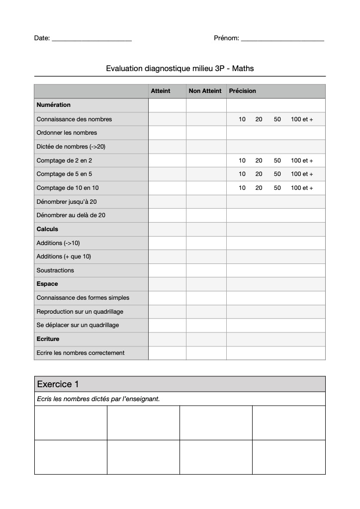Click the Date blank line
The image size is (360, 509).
91,39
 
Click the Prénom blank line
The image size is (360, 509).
282,39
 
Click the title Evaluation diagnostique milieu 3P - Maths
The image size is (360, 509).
180,69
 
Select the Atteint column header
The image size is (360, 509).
160,91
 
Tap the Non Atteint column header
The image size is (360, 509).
205,91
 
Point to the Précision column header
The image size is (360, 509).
242,91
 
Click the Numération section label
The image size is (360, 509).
54,105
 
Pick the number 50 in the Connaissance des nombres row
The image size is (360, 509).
277,119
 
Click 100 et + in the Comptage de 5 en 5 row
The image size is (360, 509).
302,174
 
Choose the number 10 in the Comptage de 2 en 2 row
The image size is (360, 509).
242,161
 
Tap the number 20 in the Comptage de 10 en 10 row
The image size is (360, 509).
259,188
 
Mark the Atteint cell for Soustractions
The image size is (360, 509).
167,270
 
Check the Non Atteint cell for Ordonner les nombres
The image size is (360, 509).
206,133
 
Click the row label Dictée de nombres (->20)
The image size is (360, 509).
71,147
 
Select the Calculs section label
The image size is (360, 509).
47,229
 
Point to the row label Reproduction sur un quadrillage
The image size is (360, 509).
80,312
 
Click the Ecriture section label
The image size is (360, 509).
48,339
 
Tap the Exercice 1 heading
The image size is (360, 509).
58,384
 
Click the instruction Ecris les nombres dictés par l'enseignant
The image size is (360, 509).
98,399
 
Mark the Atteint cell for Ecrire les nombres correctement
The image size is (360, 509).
167,353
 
